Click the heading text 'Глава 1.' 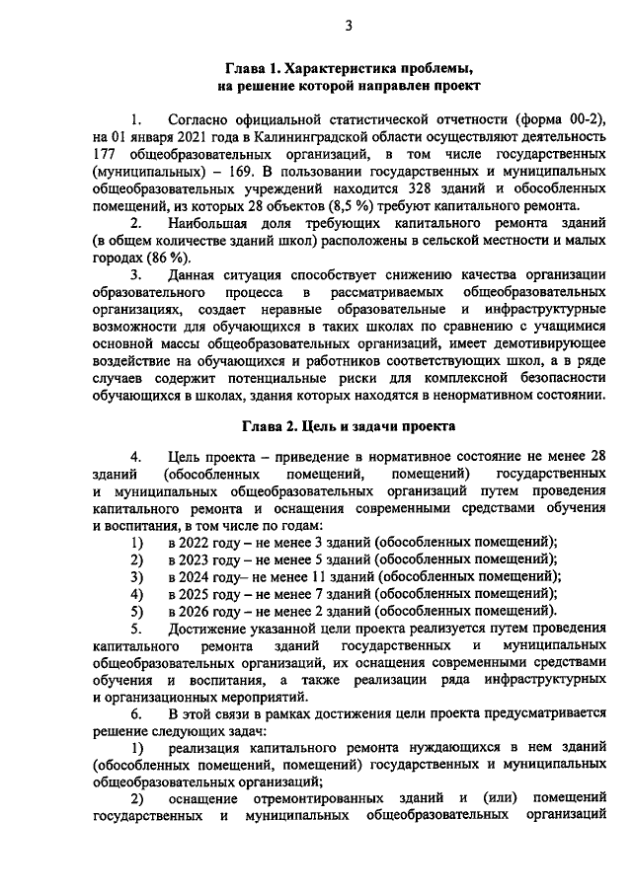pyautogui.click(x=255, y=68)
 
